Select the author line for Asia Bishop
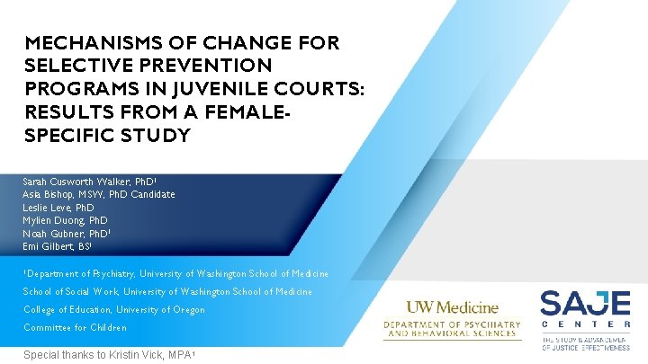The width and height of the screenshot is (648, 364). [98, 194]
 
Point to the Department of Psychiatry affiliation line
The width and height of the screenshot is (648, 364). [176, 273]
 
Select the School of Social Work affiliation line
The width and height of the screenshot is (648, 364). [167, 291]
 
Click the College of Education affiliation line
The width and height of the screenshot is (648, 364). [114, 309]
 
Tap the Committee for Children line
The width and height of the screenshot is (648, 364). [75, 327]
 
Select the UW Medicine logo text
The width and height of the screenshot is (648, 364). [452, 307]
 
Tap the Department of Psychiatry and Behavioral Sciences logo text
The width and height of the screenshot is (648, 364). [452, 329]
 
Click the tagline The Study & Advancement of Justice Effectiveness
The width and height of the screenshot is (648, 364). [585, 343]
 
